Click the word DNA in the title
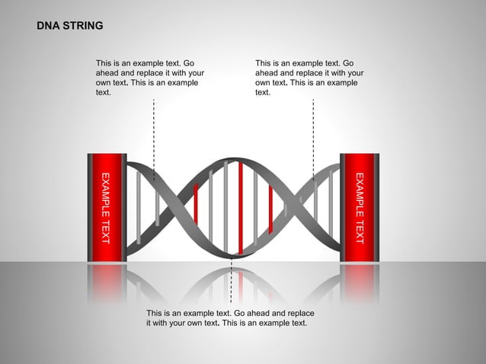coord(48,26)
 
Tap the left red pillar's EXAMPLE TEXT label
coord(106,208)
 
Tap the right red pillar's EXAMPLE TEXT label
coord(360,208)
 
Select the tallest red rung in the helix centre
coord(241,207)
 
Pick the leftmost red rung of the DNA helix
coord(196,203)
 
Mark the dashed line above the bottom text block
coord(231,286)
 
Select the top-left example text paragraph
coord(149,77)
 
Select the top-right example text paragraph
coord(309,77)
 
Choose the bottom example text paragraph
coord(230,318)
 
